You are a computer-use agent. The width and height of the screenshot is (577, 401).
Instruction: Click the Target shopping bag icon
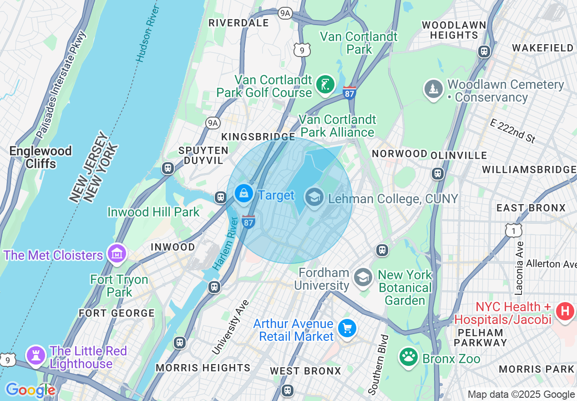pyautogui.click(x=244, y=193)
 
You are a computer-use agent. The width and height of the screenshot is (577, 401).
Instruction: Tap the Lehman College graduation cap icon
pyautogui.click(x=314, y=197)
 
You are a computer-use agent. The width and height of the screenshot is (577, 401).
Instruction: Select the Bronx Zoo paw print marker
pyautogui.click(x=409, y=357)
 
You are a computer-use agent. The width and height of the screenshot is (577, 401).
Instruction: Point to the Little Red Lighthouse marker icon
pyautogui.click(x=35, y=355)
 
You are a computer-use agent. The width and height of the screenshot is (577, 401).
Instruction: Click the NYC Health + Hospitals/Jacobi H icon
pyautogui.click(x=565, y=312)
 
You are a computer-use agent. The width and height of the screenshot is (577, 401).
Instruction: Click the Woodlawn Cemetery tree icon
pyautogui.click(x=434, y=89)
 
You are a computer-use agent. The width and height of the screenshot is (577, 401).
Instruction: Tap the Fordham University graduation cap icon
pyautogui.click(x=363, y=277)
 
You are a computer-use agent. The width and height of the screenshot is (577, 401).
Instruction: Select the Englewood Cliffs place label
pyautogui.click(x=40, y=157)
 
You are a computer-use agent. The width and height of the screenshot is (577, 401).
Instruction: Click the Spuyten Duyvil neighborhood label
pyautogui.click(x=203, y=155)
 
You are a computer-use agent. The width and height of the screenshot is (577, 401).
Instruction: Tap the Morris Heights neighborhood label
pyautogui.click(x=203, y=368)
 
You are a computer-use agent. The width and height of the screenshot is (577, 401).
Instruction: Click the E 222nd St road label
pyautogui.click(x=513, y=130)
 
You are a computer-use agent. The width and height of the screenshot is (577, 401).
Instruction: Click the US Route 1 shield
pyautogui.click(x=513, y=230)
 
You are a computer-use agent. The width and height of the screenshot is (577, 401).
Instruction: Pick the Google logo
pyautogui.click(x=30, y=390)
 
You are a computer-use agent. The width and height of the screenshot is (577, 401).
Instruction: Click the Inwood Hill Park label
pyautogui.click(x=153, y=212)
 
